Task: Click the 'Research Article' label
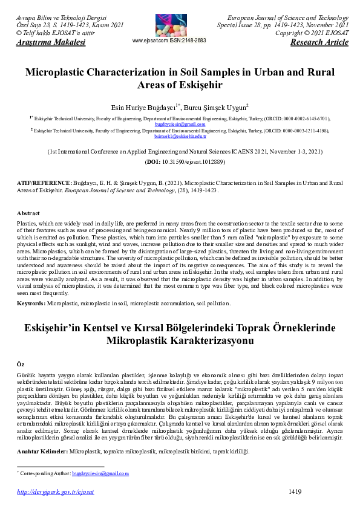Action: tap(319, 43)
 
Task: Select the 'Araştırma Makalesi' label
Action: tap(42, 43)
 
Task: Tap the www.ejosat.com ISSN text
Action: tap(169, 41)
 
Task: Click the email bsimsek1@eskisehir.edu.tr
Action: tap(180, 137)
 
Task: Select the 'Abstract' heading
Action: tap(28, 213)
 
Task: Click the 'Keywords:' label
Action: tap(30, 302)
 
